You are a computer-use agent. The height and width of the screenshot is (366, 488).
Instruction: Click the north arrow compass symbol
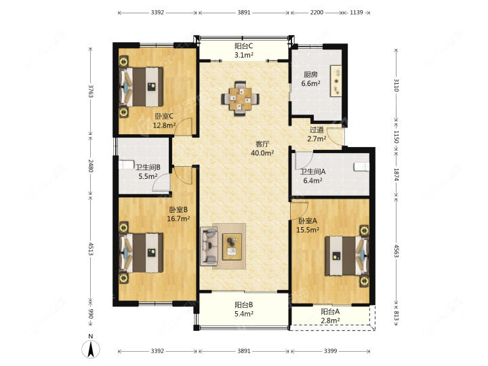coord(91,349)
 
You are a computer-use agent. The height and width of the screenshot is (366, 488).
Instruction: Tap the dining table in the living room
coord(240,99)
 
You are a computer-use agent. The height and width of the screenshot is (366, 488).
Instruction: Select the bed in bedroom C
coord(141,87)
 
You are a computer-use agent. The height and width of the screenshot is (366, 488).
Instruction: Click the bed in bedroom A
coord(347,256)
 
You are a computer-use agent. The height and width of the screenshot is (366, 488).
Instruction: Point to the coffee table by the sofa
coord(232,247)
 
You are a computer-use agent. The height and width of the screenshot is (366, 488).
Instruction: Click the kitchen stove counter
coord(336,81)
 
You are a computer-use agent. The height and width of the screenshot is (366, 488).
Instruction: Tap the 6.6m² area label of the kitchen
coord(310,83)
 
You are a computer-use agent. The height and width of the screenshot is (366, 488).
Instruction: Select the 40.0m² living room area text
coord(262,152)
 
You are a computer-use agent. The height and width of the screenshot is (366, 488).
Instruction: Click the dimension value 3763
coord(91,91)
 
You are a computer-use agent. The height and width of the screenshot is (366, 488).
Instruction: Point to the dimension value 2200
coord(317,12)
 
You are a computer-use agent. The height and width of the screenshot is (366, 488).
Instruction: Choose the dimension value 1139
coord(357,12)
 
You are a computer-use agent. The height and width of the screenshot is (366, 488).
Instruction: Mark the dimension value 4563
coord(396,251)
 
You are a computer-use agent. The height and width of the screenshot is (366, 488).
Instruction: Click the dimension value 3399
coord(330,351)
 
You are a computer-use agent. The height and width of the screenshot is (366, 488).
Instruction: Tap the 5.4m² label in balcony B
coord(244,313)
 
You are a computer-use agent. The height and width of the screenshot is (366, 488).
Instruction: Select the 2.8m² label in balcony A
coord(330,320)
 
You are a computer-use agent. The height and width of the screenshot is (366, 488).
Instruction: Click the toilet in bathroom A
coord(361,167)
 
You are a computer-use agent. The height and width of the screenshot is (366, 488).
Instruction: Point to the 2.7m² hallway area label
coord(317,139)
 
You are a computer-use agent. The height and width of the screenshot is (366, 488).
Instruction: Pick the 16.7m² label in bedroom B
coord(178,218)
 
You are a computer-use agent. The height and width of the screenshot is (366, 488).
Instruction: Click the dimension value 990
coord(91,313)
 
